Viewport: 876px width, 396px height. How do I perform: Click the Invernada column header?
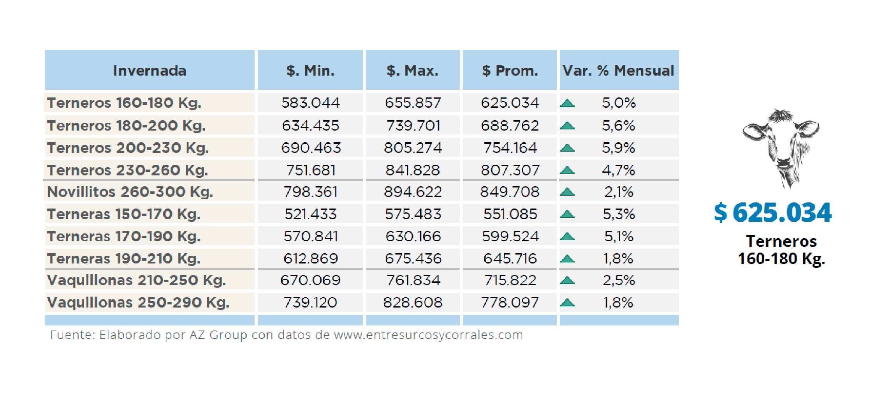click(x=150, y=71)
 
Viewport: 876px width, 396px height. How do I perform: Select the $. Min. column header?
click(x=310, y=71)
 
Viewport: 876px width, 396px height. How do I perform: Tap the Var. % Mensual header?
click(x=618, y=71)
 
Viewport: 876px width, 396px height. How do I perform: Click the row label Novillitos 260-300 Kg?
click(x=130, y=192)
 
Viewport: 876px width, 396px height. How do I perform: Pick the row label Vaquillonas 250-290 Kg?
click(x=138, y=302)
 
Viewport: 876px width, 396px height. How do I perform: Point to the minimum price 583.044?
click(x=310, y=103)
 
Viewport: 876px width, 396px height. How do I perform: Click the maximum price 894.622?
click(x=413, y=192)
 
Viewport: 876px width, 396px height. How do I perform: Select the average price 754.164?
click(x=510, y=148)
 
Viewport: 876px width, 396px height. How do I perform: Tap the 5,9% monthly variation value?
click(x=619, y=148)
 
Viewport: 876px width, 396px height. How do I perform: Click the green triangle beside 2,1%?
click(x=567, y=192)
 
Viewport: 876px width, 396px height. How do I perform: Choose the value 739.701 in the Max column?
click(x=413, y=126)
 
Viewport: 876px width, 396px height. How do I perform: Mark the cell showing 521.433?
click(x=310, y=214)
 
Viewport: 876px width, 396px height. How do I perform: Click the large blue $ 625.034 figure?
click(x=772, y=213)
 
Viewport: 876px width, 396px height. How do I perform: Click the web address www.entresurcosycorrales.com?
click(x=428, y=335)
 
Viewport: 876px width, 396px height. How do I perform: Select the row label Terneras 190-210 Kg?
click(x=124, y=258)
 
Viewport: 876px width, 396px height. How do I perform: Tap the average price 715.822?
click(x=510, y=280)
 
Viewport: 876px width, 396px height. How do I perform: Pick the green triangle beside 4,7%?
click(x=567, y=170)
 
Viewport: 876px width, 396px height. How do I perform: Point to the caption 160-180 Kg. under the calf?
click(x=781, y=259)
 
